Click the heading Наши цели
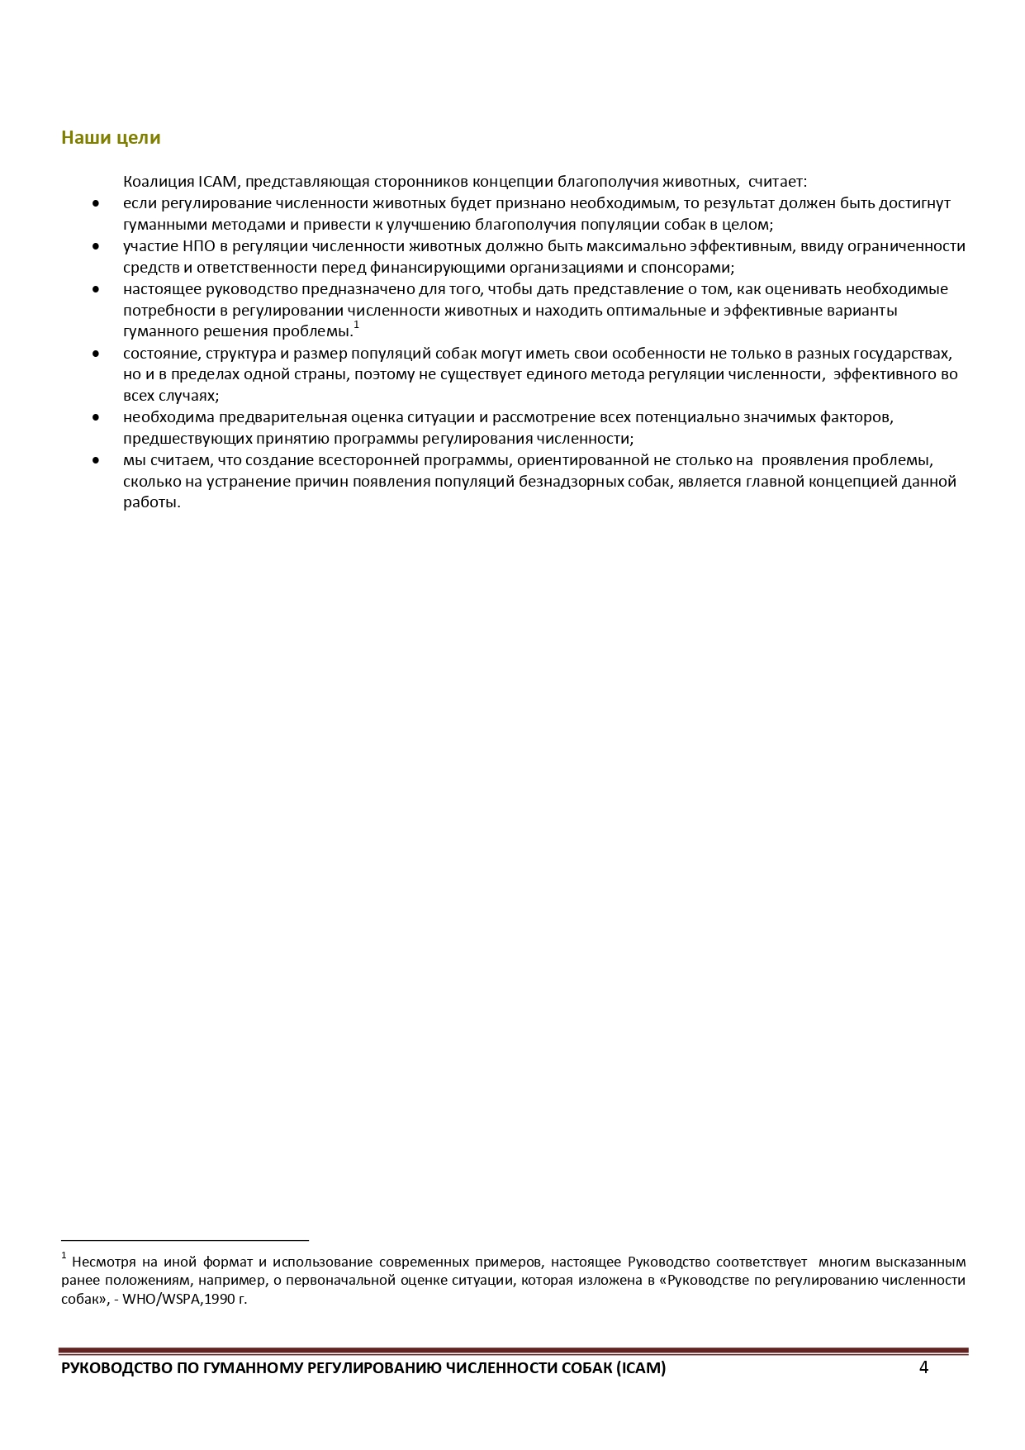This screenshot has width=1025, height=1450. coord(111,138)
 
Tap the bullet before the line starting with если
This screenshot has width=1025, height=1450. coord(96,203)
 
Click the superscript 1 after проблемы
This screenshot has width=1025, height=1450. coord(356,326)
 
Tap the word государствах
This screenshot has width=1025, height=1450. coord(905,354)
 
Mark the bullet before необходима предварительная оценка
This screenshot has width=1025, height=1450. coord(96,418)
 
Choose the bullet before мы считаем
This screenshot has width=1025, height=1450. coord(96,461)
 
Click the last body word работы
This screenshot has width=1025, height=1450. coord(151,503)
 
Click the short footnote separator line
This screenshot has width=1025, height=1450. coord(184,1240)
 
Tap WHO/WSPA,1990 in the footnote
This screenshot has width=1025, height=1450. coord(178,1299)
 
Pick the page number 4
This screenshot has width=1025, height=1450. coord(923,1367)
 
